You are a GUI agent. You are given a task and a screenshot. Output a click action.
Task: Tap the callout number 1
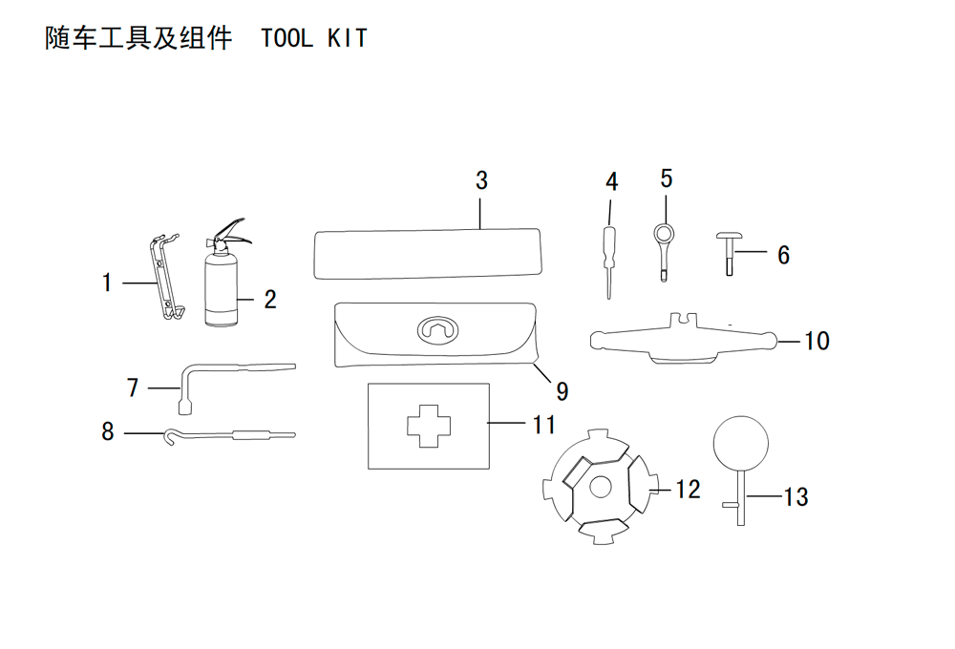click(107, 283)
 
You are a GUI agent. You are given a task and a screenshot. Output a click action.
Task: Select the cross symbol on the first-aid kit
click(429, 426)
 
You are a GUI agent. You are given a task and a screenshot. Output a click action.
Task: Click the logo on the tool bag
click(438, 329)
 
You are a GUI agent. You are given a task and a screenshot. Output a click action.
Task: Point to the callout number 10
click(817, 341)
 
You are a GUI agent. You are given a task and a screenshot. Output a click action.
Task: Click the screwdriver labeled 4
click(609, 262)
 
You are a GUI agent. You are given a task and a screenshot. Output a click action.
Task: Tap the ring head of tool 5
click(664, 233)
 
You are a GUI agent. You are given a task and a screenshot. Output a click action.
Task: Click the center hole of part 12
click(601, 486)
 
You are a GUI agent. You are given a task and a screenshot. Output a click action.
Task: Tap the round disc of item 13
click(741, 443)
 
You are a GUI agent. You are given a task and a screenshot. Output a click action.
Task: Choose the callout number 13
click(796, 497)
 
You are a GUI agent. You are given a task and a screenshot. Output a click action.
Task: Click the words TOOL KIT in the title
click(314, 38)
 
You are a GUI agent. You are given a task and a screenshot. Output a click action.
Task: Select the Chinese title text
click(138, 38)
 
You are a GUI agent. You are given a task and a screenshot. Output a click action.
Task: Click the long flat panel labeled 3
click(427, 254)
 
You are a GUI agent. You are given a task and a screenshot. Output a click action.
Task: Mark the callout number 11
click(544, 425)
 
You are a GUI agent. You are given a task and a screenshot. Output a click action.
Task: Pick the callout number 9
click(562, 391)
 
